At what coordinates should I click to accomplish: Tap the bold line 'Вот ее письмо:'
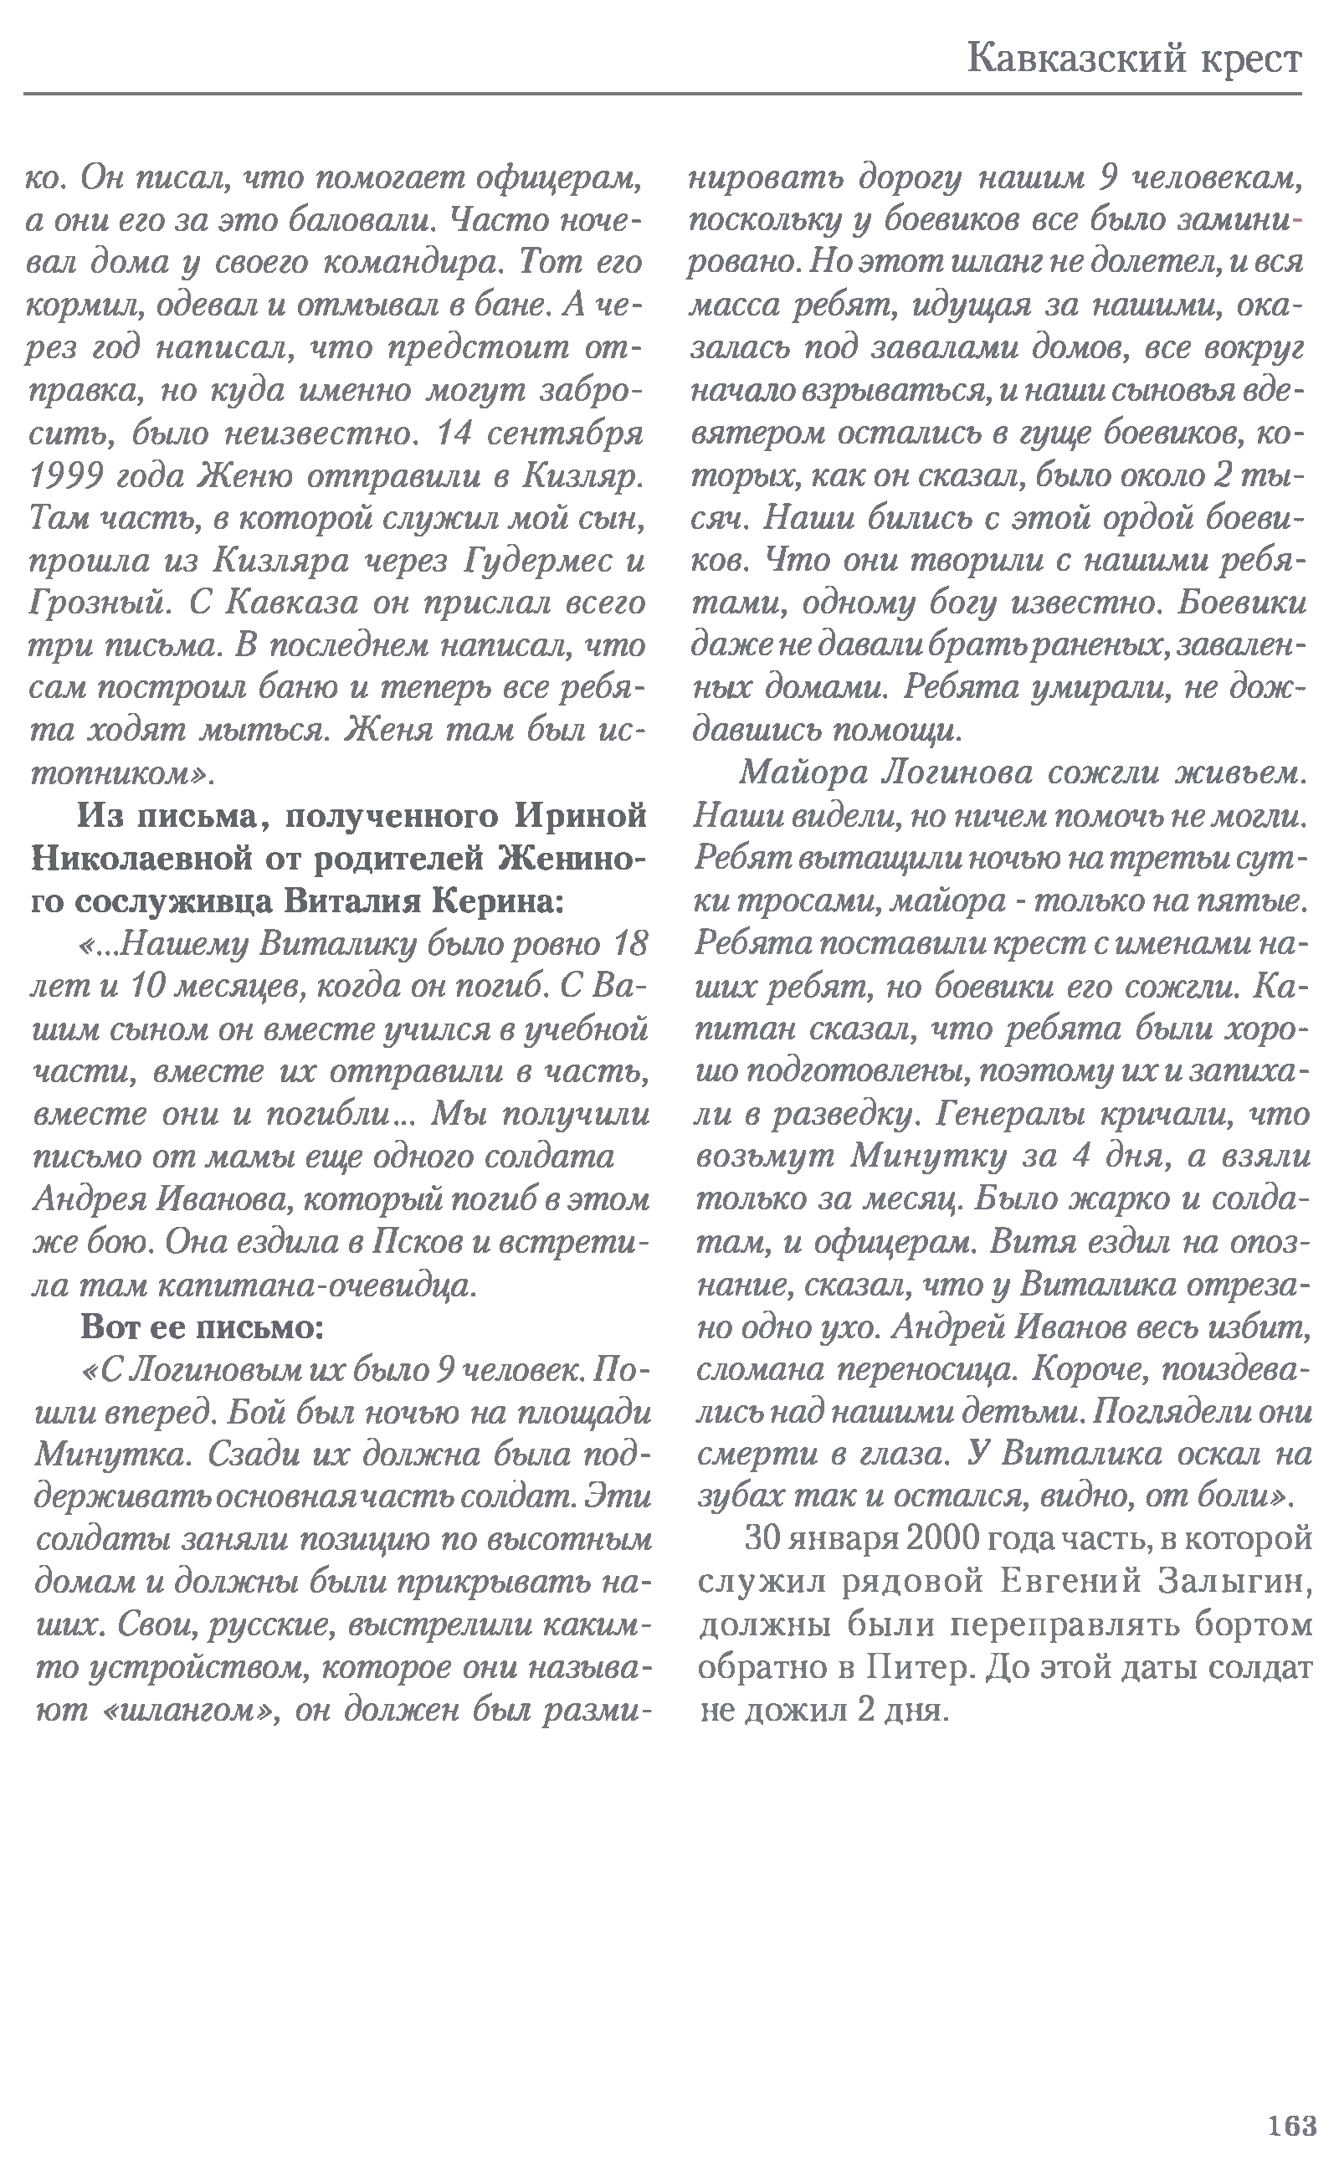coord(202,1327)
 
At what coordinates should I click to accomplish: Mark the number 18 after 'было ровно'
coord(628,944)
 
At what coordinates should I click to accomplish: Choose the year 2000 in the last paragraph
coord(939,1539)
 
